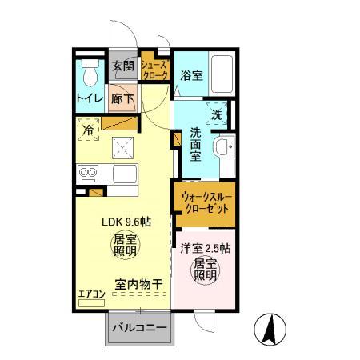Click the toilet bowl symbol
90,74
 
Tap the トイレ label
89,99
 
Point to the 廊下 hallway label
122,98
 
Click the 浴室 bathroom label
190,77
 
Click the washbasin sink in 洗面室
223,147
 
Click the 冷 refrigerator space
87,128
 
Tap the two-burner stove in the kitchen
86,172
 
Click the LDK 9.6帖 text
123,223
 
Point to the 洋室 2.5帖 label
206,247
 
